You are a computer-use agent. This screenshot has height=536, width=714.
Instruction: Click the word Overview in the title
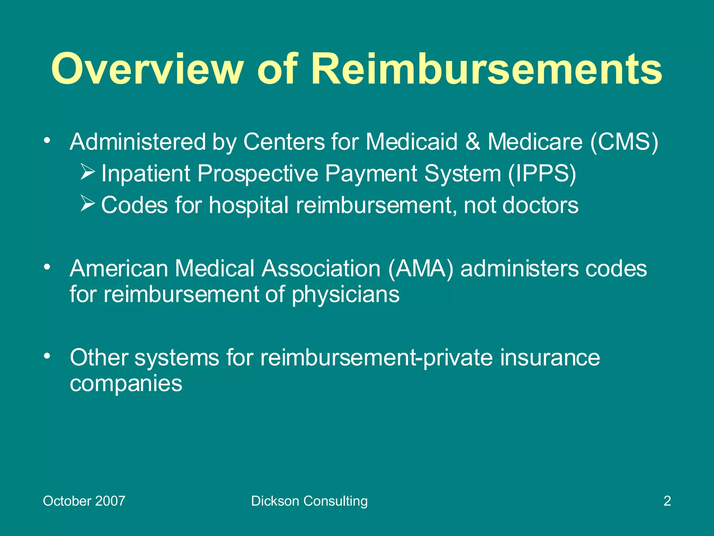[x=146, y=69]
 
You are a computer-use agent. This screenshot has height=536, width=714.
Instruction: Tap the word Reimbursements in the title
[x=486, y=69]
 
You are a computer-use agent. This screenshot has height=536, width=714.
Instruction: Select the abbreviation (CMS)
[x=624, y=142]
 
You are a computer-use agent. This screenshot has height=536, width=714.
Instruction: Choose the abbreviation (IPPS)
[x=542, y=173]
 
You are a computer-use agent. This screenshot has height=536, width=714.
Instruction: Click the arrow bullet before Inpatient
[x=88, y=172]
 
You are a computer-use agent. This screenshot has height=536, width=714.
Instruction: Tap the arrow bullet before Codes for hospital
[x=88, y=203]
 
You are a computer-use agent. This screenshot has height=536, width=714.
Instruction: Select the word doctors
[x=540, y=205]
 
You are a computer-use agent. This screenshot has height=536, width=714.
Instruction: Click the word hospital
[x=249, y=205]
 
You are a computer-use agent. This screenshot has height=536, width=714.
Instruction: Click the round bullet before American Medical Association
[x=47, y=267]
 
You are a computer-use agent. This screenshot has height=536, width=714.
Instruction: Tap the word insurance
[x=550, y=358]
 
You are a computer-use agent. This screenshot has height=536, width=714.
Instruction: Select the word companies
[x=126, y=384]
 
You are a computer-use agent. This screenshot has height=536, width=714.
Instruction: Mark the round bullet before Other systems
[x=47, y=356]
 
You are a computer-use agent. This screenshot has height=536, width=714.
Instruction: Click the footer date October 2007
[x=84, y=501]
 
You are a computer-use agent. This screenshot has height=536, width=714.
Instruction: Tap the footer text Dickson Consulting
[x=309, y=501]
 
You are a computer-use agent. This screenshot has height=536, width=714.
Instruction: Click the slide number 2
[x=667, y=501]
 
